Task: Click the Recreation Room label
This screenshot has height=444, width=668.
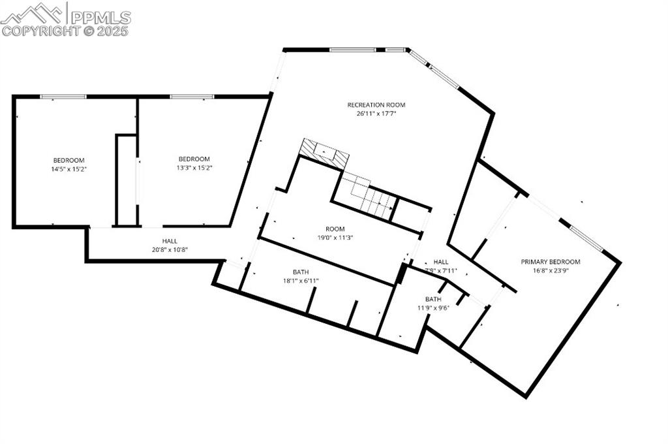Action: [376, 104]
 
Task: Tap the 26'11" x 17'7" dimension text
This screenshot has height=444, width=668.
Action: [376, 114]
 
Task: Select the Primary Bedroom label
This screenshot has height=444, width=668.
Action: [550, 262]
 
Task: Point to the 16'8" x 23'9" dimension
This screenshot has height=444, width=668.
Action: [550, 270]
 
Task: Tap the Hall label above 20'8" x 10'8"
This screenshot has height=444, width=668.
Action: [170, 241]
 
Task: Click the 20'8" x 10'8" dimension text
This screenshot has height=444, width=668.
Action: [170, 249]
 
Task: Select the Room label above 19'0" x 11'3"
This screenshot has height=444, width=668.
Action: [335, 229]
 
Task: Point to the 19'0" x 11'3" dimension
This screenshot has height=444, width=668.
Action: [335, 238]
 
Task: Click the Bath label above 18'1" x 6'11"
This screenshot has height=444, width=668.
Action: [301, 272]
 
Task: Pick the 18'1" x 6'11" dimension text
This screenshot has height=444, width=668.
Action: [301, 281]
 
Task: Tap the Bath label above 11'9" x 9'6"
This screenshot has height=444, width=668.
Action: [434, 299]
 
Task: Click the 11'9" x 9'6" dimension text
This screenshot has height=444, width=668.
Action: [434, 308]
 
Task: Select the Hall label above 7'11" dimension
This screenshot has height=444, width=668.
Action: [441, 262]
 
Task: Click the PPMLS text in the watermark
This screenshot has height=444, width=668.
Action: [100, 17]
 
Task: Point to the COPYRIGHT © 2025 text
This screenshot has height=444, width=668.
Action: [65, 30]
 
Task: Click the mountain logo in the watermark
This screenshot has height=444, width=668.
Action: [33, 13]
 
